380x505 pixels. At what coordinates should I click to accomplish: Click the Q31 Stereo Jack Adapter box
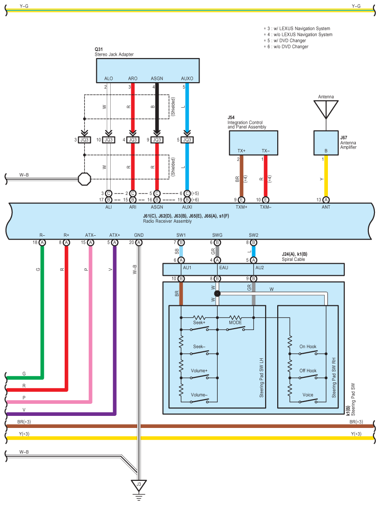147,71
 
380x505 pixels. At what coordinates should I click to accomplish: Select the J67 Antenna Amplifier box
326,143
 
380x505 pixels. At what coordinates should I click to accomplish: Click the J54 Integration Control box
253,143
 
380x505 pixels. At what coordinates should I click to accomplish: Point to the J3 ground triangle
139,486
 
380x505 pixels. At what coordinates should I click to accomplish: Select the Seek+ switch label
199,323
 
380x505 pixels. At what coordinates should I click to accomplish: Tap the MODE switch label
235,323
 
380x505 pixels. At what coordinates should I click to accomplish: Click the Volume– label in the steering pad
199,395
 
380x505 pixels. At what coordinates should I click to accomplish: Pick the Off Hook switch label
308,371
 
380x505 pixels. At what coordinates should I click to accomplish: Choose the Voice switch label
308,395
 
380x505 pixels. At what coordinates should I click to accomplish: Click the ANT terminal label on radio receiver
326,207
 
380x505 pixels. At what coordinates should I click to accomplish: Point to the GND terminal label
139,235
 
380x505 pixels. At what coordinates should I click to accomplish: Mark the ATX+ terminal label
114,235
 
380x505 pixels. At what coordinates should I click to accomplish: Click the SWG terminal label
217,235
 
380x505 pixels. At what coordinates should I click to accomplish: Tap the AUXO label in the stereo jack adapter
187,78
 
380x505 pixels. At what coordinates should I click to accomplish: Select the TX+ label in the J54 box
241,151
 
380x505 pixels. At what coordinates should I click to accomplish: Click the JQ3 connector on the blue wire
187,140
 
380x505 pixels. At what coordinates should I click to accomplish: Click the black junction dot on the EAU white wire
217,293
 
